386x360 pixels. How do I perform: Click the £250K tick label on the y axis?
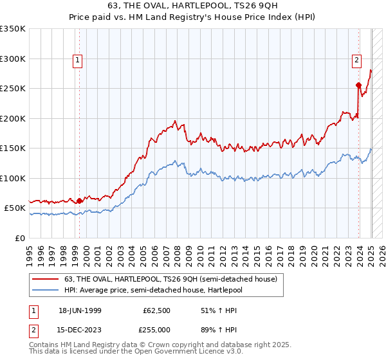[12, 88]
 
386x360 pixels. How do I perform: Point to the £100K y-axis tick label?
[12, 178]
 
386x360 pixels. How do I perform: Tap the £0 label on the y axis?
[19, 238]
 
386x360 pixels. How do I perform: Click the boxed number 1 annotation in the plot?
[77, 61]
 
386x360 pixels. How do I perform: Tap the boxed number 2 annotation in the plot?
[356, 61]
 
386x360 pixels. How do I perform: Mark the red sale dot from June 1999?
[79, 201]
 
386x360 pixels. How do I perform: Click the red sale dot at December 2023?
[358, 85]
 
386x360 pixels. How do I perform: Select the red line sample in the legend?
[45, 279]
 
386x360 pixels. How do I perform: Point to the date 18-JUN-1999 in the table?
[80, 310]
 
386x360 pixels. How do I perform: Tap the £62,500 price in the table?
[157, 310]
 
